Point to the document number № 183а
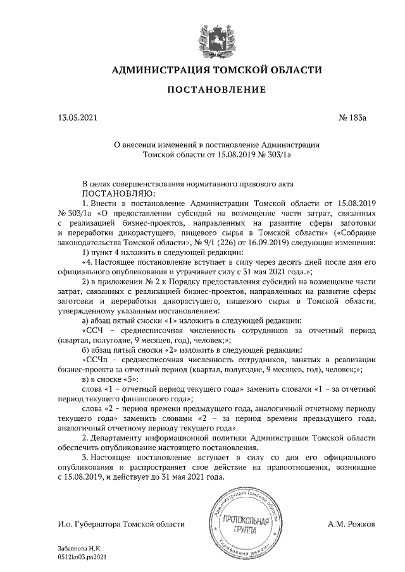coord(353,118)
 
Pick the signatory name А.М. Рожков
coord(352,524)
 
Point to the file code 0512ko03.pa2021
coord(88,558)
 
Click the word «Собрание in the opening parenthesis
coord(353,232)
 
